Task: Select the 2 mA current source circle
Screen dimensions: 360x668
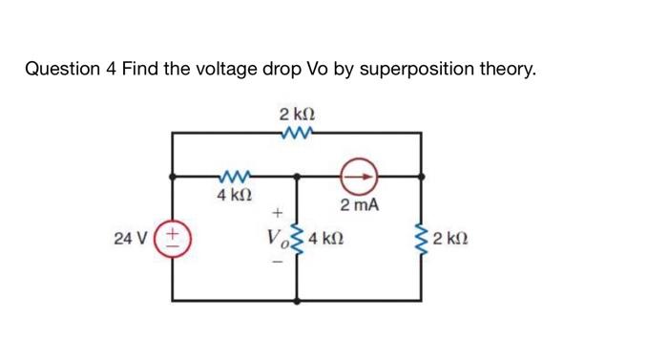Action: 361,176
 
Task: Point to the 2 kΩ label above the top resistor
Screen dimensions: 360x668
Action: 297,115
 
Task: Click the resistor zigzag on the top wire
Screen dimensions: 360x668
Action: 297,133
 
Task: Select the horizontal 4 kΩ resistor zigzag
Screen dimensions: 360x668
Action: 234,176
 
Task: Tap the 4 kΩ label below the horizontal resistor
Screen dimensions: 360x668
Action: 234,195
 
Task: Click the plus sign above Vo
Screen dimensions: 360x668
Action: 277,212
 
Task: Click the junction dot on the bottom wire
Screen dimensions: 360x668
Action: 297,300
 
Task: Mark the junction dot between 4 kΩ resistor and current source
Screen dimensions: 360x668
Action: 297,176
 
